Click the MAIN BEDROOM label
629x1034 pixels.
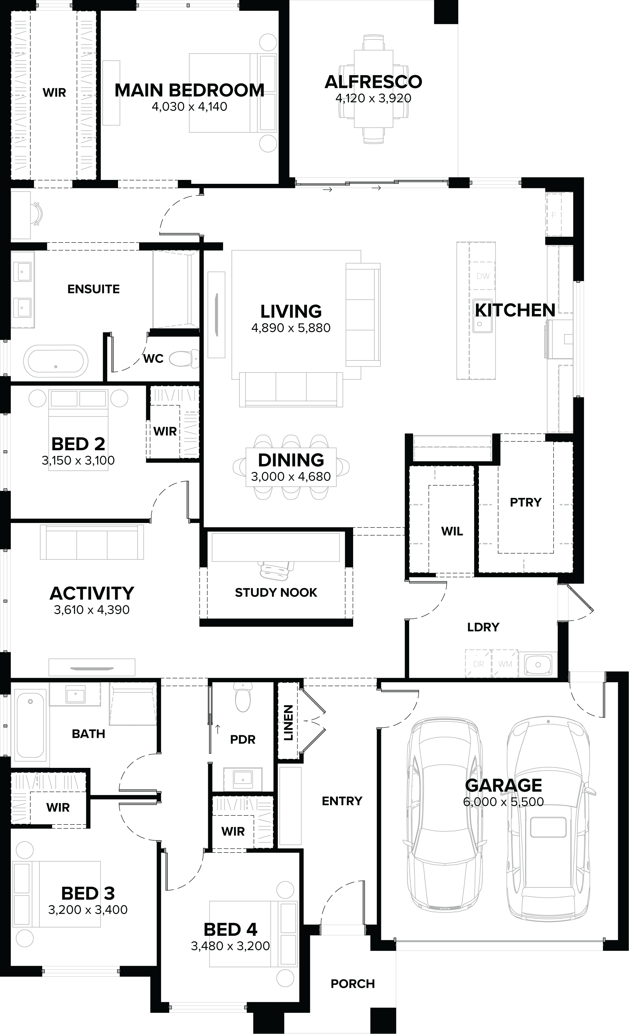(x=189, y=90)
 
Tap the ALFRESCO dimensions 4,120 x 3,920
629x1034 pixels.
(x=373, y=98)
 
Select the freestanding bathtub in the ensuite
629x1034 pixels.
(x=55, y=361)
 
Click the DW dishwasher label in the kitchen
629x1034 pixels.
(x=483, y=276)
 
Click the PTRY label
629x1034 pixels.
(x=526, y=502)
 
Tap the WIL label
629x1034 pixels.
(x=452, y=531)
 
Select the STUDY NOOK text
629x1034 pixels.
(x=276, y=592)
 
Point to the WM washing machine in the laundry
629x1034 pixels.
(x=505, y=664)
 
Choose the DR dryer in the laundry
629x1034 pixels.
(x=478, y=664)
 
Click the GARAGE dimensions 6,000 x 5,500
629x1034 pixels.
(x=503, y=802)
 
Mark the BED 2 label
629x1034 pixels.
(x=78, y=444)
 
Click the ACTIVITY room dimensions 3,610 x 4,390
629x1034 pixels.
(x=92, y=610)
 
